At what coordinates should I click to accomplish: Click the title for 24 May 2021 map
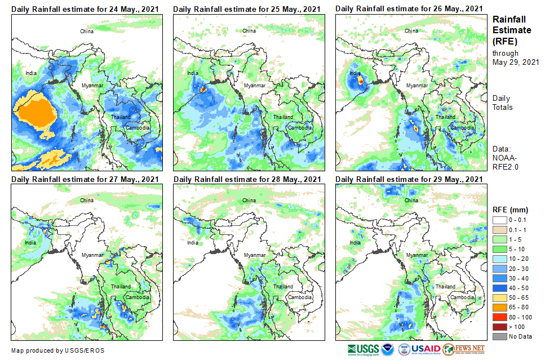tap(85, 8)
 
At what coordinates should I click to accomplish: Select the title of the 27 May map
tap(85, 179)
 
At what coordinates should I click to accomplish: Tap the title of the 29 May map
tap(409, 179)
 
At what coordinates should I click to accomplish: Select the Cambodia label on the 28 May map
tap(299, 297)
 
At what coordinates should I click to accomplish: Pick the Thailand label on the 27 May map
tap(121, 286)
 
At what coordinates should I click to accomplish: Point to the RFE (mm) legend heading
tap(511, 210)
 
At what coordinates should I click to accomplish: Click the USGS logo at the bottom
tap(364, 350)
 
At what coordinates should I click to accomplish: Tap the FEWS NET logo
tap(464, 350)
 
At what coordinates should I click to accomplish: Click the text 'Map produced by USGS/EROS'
tap(57, 350)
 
